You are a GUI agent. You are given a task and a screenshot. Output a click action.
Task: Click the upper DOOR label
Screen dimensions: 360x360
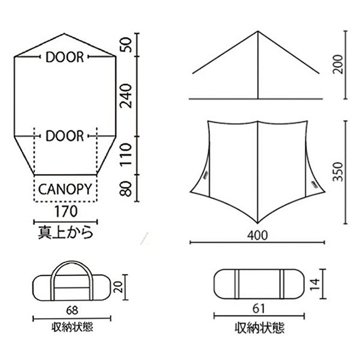[x=65, y=57]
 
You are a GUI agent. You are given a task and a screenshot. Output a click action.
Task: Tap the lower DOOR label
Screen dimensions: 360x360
[x=65, y=136]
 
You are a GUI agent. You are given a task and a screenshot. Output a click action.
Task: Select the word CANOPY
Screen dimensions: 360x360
[x=65, y=190]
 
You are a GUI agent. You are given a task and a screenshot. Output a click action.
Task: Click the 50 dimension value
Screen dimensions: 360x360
[x=126, y=45]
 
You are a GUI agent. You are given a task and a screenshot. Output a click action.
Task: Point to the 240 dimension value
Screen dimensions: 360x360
[x=126, y=96]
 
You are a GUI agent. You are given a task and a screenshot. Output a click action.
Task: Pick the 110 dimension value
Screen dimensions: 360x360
[x=126, y=154]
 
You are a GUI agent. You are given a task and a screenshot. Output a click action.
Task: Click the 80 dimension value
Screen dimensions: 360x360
[x=126, y=189]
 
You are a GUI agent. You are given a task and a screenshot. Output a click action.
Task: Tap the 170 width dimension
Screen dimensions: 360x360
[x=66, y=211]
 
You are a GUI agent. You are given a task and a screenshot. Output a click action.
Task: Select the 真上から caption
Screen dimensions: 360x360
[x=65, y=232]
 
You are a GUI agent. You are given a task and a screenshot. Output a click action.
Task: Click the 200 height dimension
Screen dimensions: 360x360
[x=338, y=65]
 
